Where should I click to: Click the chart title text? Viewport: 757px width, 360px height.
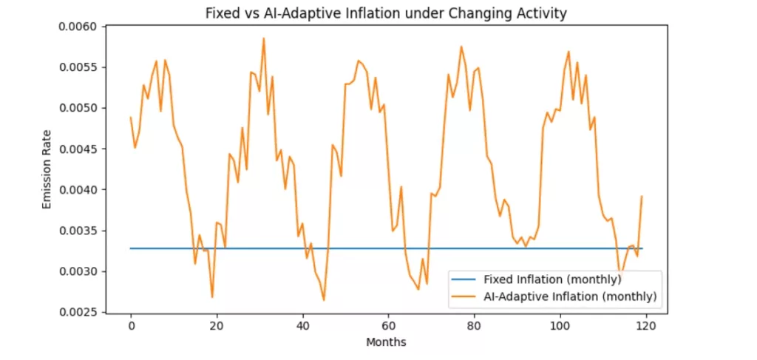[x=385, y=13]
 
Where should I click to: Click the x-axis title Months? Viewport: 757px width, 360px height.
[x=385, y=342]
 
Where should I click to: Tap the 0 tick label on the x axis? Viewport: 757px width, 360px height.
[x=131, y=326]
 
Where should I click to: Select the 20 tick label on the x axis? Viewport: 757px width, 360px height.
[x=217, y=326]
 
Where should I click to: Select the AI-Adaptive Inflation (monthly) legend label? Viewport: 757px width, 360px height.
[x=570, y=296]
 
